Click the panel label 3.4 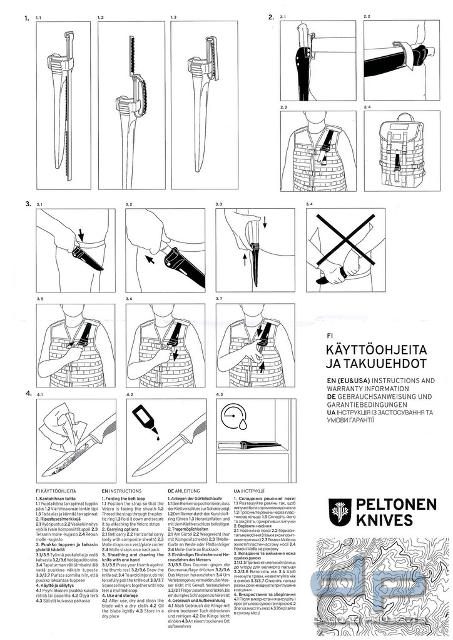(308, 204)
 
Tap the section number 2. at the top (271, 17)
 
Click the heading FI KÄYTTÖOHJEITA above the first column (51, 491)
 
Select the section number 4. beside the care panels (28, 394)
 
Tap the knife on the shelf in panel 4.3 (247, 446)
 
